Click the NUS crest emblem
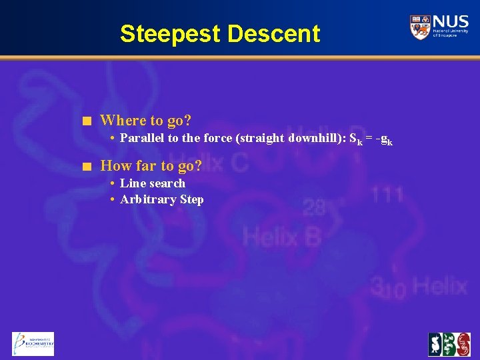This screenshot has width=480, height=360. [420, 27]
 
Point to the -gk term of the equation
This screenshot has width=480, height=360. [384, 139]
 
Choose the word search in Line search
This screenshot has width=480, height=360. [167, 183]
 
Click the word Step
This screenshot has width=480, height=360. [191, 200]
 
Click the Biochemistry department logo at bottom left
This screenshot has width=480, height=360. [33, 343]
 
